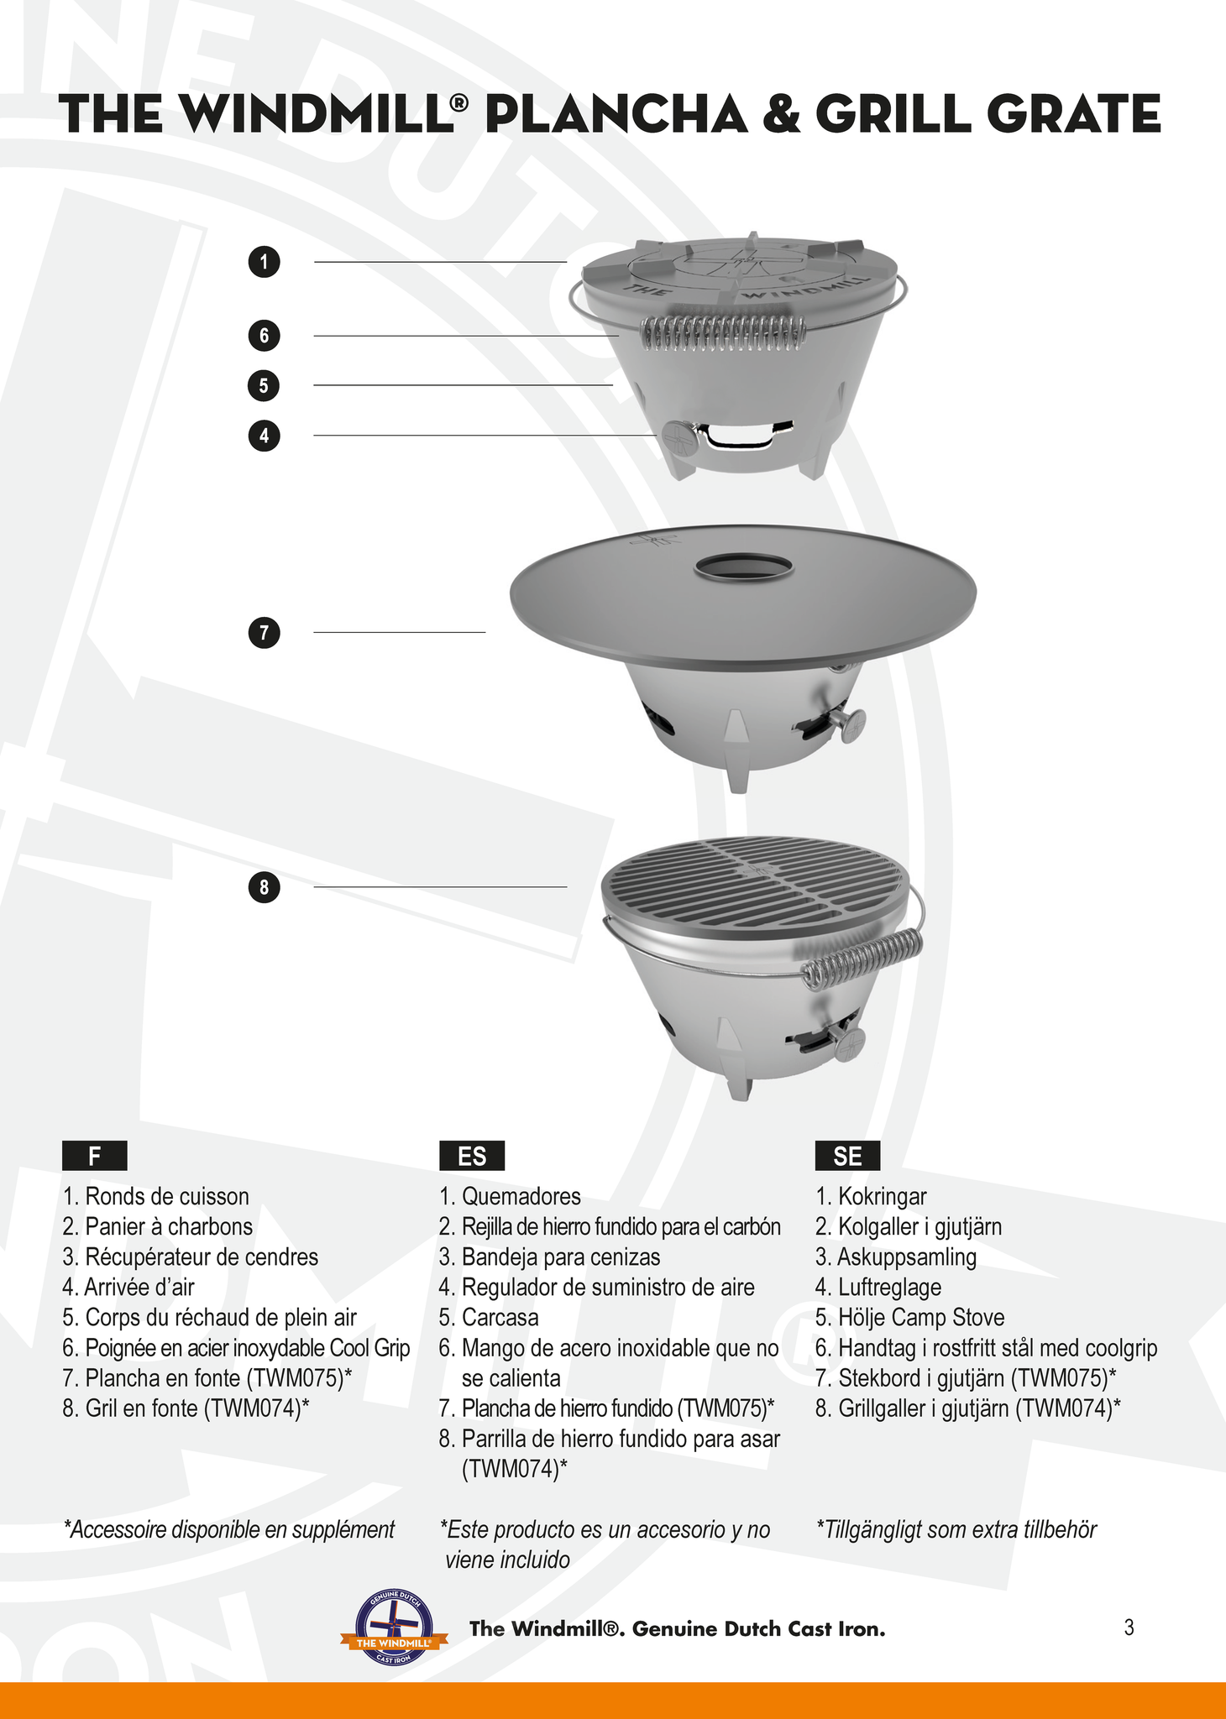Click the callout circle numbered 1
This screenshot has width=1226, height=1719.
265,262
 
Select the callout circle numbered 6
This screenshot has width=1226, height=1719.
265,336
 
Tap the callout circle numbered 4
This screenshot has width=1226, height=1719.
265,436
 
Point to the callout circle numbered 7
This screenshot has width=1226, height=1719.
265,632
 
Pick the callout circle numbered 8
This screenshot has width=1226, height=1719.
265,887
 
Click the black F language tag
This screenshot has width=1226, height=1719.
95,1156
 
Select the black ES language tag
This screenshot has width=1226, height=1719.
472,1156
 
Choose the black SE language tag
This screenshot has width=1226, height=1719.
847,1156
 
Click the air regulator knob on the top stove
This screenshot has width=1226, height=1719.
676,436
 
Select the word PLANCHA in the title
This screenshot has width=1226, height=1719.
616,115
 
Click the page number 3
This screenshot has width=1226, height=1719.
1129,1628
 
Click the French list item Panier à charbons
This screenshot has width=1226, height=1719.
157,1226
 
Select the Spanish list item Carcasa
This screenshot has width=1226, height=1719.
489,1317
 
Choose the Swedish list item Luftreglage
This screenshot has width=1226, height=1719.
878,1287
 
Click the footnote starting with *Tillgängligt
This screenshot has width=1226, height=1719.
956,1529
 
